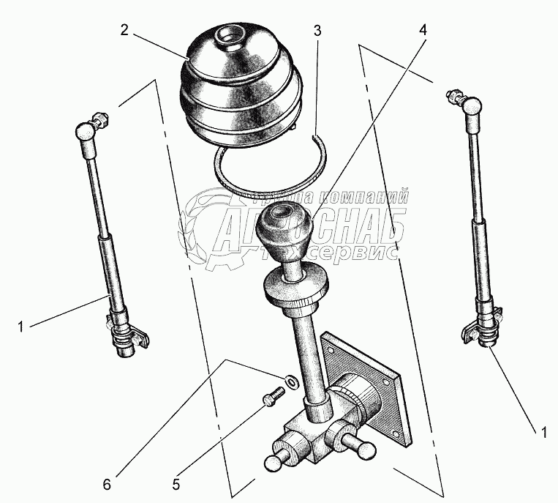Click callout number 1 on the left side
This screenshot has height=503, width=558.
[x=20, y=327]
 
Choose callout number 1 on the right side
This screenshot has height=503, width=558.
[x=542, y=433]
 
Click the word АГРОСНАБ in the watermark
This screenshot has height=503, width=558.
[x=307, y=227]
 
